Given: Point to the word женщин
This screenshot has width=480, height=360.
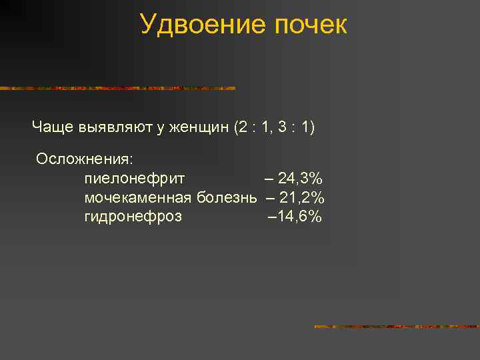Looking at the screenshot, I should click(x=199, y=127).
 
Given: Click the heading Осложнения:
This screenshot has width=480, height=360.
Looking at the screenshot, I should click(x=85, y=159).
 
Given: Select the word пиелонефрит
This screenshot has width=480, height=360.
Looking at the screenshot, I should click(x=135, y=179).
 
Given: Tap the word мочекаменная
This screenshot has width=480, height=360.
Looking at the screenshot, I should click(x=138, y=197).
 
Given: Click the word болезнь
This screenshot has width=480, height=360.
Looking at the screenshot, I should click(x=228, y=197).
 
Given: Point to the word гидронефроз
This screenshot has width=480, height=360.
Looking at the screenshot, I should click(x=133, y=217).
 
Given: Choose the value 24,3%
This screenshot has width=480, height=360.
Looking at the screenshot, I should click(x=301, y=178).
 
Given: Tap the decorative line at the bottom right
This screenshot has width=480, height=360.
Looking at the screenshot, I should click(x=397, y=327).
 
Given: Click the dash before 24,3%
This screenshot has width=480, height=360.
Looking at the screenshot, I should click(x=269, y=178).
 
